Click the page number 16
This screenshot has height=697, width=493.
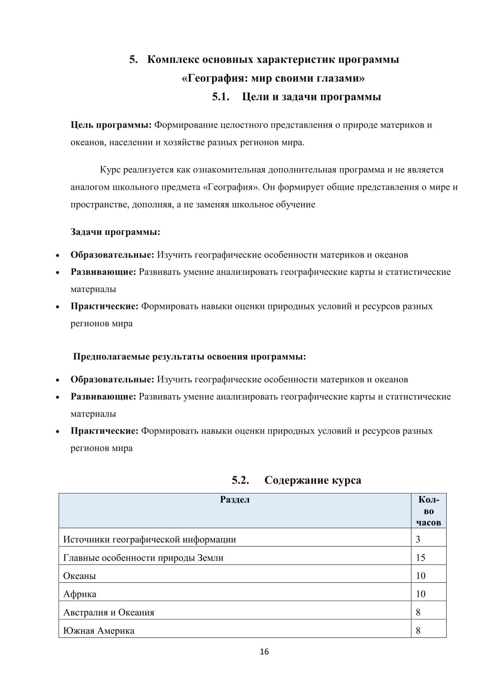[x=264, y=652]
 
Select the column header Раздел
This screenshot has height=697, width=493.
[x=234, y=499]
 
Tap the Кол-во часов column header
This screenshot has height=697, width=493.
[x=428, y=511]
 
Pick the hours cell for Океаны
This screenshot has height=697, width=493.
[x=420, y=576]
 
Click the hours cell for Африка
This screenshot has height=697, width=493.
[x=420, y=594]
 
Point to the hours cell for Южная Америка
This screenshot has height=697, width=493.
[x=418, y=631]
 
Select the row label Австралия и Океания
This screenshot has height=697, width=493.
[x=109, y=612]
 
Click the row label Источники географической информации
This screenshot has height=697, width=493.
[x=150, y=539]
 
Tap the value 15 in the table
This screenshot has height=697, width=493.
[x=420, y=557]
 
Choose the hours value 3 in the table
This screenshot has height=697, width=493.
[x=418, y=539]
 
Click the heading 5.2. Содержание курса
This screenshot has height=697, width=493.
[x=296, y=480]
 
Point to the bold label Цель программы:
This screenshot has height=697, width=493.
[x=111, y=125]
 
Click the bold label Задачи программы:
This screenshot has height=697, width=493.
[x=115, y=232]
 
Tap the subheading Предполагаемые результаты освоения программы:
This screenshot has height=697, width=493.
[x=189, y=357]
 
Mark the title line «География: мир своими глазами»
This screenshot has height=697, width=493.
[x=273, y=78]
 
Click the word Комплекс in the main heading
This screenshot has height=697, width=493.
[x=173, y=60]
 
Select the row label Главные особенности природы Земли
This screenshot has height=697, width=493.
[x=143, y=557]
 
